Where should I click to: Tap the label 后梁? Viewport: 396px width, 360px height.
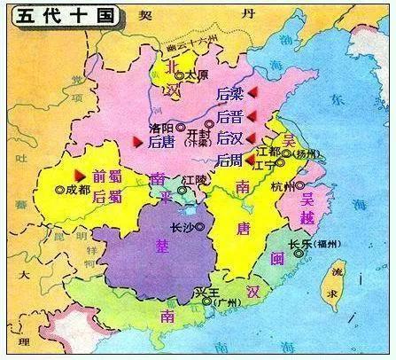(229, 94)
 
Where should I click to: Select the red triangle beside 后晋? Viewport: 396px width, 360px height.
(252, 114)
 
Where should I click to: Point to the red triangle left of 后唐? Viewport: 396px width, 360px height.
(137, 140)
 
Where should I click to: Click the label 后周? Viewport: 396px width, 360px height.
(229, 160)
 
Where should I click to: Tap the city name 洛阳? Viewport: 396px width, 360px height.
(163, 127)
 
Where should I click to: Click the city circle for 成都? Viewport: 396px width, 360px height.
(60, 189)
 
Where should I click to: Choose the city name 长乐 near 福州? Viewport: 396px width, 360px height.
(299, 242)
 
